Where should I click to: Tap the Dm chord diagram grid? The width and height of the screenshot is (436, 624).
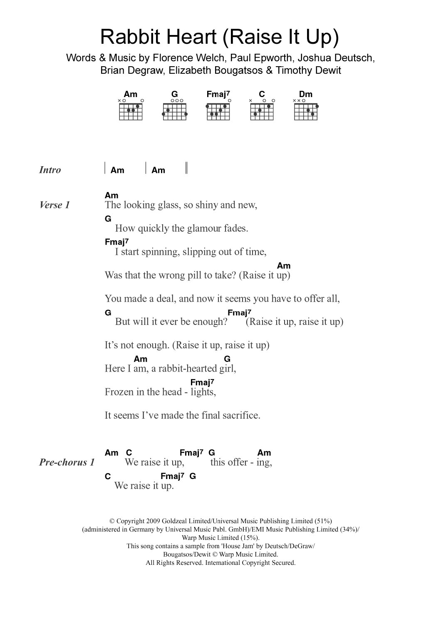coord(306,111)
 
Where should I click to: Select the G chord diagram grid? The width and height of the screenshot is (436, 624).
coord(175,111)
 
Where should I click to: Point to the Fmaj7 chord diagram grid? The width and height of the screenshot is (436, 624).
coord(218,111)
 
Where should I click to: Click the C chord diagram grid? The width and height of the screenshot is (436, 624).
coord(262,111)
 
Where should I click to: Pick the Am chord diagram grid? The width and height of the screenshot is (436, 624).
coord(131,111)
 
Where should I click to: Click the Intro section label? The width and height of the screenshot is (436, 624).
coord(50,170)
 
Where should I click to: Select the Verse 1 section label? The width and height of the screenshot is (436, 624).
coord(54,205)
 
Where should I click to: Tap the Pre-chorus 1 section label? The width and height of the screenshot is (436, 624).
coord(67,462)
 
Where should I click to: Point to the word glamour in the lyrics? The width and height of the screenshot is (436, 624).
coord(201,228)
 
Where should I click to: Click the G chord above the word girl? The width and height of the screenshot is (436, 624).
coord(227,359)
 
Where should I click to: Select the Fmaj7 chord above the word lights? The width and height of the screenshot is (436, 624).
coord(202,382)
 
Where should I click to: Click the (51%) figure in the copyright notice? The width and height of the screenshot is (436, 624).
coord(323,521)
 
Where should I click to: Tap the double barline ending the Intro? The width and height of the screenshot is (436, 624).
coord(186,168)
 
